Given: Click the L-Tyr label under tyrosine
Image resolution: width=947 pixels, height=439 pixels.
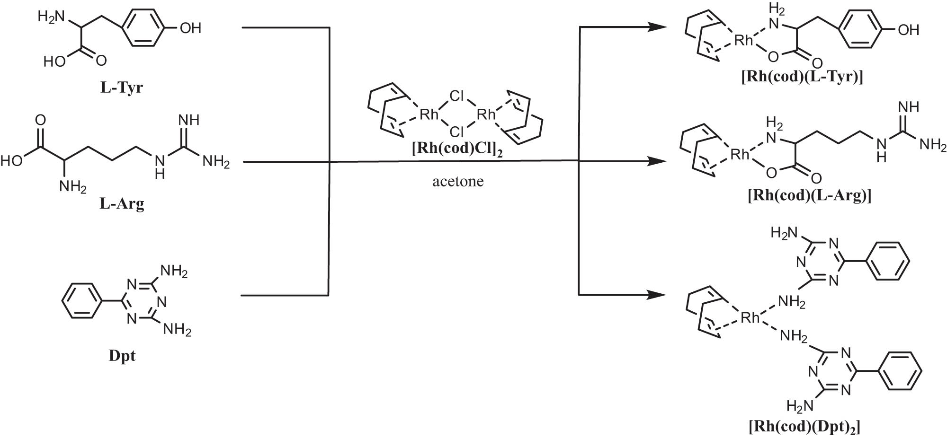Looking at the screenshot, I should pyautogui.click(x=121, y=88).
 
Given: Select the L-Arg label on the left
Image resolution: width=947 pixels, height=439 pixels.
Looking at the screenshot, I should pyautogui.click(x=122, y=204).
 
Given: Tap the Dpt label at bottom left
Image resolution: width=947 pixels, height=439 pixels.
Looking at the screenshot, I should pyautogui.click(x=122, y=356).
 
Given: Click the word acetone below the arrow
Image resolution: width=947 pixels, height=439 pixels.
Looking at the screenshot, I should pyautogui.click(x=458, y=182).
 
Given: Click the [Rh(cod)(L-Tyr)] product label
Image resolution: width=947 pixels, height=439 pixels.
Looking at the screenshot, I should pyautogui.click(x=802, y=77).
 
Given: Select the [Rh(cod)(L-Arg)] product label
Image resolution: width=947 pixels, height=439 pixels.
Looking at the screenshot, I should pyautogui.click(x=809, y=195).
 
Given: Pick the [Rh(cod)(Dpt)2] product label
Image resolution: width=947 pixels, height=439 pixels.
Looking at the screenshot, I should pyautogui.click(x=804, y=427).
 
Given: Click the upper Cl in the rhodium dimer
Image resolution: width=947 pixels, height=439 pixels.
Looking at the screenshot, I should pyautogui.click(x=456, y=97).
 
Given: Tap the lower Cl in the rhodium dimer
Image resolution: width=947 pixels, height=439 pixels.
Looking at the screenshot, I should pyautogui.click(x=456, y=131).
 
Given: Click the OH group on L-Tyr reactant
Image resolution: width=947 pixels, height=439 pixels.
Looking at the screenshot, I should pyautogui.click(x=190, y=28).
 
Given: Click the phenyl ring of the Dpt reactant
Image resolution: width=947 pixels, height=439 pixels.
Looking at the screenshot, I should pyautogui.click(x=82, y=300).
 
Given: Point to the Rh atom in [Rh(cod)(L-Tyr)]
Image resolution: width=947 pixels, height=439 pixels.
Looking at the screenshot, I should pyautogui.click(x=743, y=41).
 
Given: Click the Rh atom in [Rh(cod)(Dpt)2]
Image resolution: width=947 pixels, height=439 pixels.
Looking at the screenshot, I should pyautogui.click(x=750, y=317).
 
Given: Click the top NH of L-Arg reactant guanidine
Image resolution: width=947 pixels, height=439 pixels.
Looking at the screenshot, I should pyautogui.click(x=188, y=120).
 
